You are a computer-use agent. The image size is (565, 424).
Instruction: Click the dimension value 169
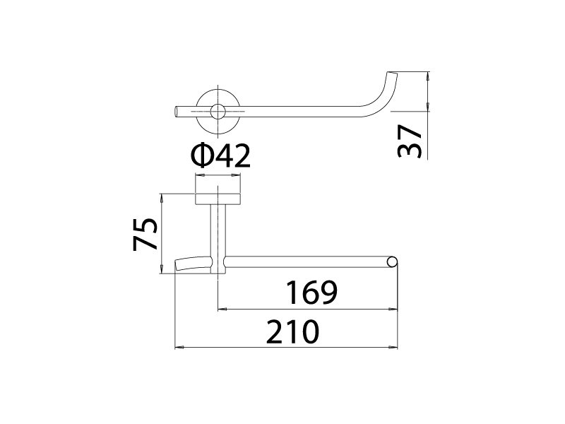point(311,293)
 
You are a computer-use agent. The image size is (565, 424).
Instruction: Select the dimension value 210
point(292,331)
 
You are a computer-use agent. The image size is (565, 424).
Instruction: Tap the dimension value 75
point(145,235)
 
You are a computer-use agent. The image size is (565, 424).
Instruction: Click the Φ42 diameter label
point(220,155)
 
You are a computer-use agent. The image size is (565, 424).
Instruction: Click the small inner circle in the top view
point(218,112)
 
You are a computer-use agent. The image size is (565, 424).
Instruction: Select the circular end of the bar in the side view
point(393,262)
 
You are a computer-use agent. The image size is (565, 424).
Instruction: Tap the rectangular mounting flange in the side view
point(218,199)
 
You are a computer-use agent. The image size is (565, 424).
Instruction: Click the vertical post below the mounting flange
point(218,239)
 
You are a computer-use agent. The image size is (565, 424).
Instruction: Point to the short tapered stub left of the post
point(193,264)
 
